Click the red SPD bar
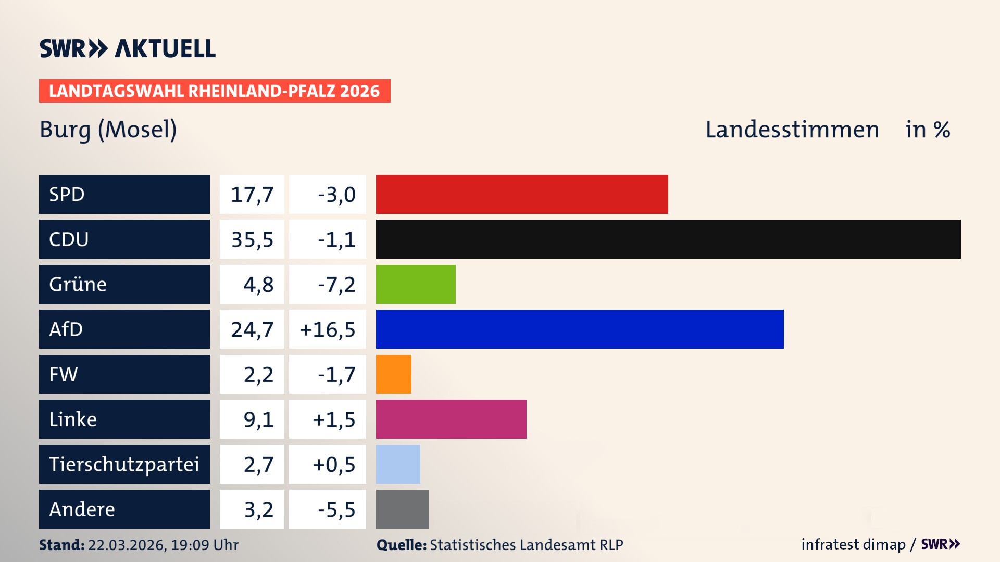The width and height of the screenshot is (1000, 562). pos(522,194)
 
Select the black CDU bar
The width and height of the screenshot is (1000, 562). pos(668,239)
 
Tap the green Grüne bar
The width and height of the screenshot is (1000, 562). pos(416,284)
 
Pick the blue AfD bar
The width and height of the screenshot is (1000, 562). pos(580,329)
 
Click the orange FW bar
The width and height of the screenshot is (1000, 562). pos(394,374)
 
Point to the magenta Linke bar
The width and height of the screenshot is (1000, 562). pos(451,419)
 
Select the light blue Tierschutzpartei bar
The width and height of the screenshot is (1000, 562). pos(398,464)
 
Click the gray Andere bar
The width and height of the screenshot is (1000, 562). pos(403,509)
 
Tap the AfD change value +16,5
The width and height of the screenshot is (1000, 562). pos(328,329)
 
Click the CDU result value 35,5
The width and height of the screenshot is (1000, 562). pos(252,239)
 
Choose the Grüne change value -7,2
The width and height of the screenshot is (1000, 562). pos(336,285)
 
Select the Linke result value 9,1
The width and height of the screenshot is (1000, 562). pos(258,419)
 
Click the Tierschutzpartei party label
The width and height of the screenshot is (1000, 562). pos(124,464)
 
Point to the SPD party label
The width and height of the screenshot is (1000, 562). pos(67,194)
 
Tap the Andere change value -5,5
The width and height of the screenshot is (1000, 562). pos(336,509)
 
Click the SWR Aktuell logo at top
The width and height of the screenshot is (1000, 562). pos(128,48)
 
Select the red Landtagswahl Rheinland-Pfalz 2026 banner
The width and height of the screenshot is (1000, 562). pos(215,91)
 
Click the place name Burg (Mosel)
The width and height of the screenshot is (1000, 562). pos(108,130)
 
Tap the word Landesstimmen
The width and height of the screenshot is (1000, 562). pos(792,130)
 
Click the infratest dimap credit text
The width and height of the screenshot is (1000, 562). pos(853,544)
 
